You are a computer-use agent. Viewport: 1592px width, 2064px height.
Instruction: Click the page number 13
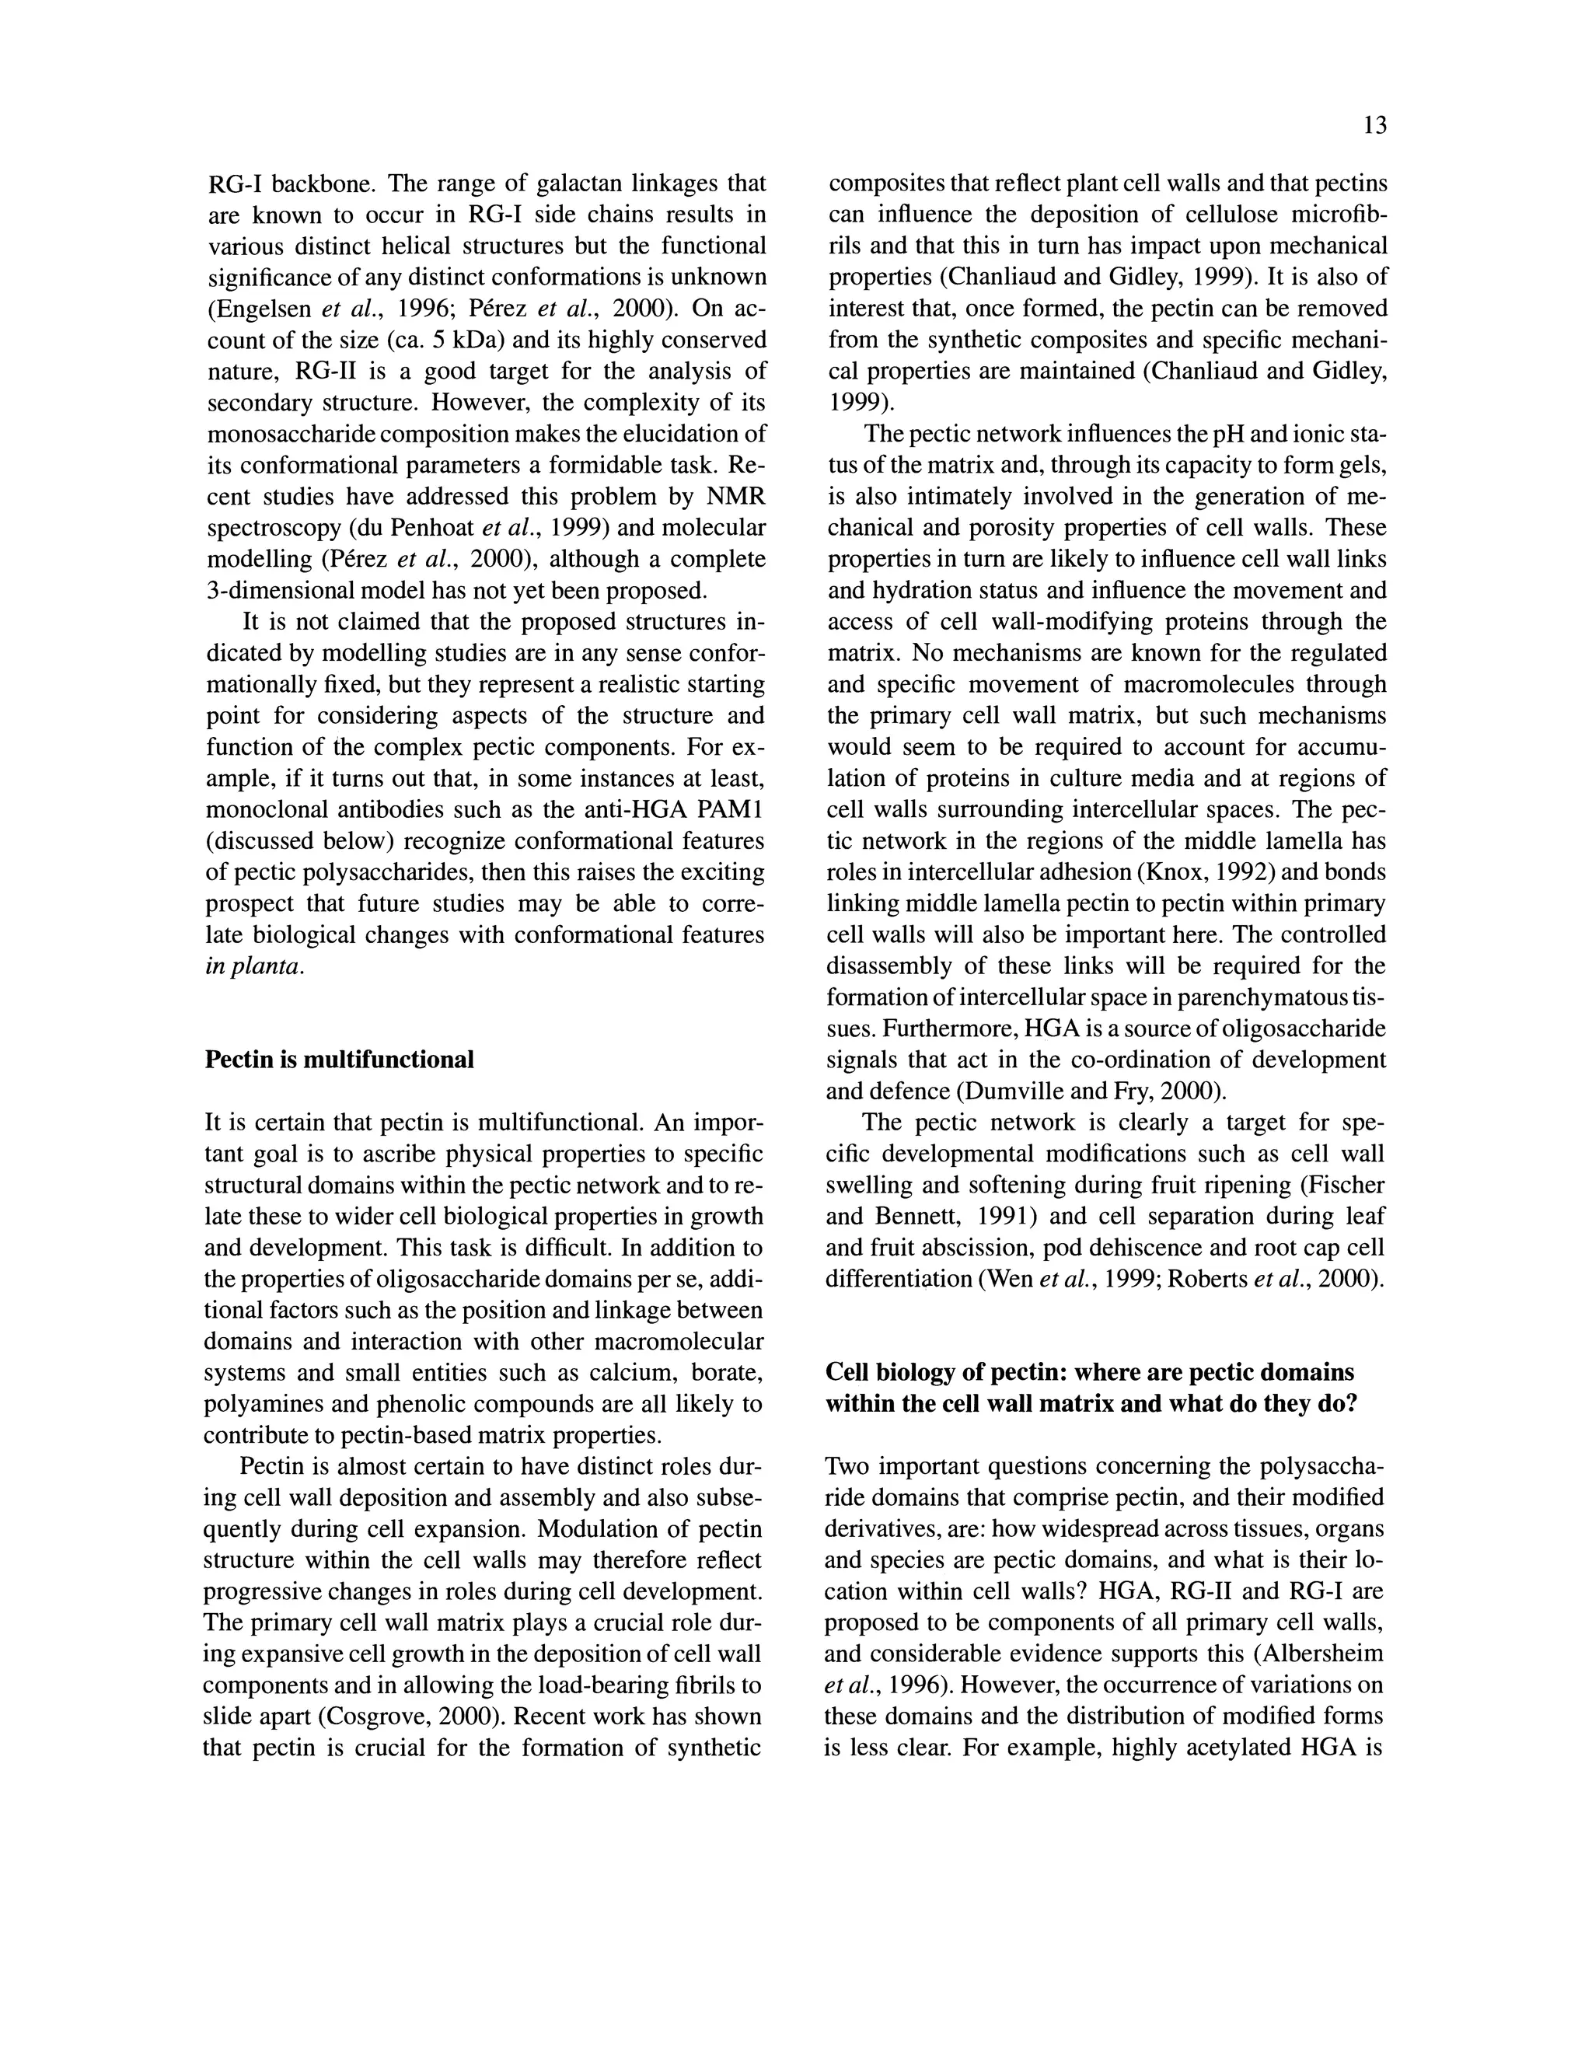tap(1376, 126)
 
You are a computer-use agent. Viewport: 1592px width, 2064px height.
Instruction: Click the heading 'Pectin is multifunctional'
tap(339, 1060)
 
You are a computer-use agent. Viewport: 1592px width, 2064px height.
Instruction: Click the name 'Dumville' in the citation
tap(1009, 1091)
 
